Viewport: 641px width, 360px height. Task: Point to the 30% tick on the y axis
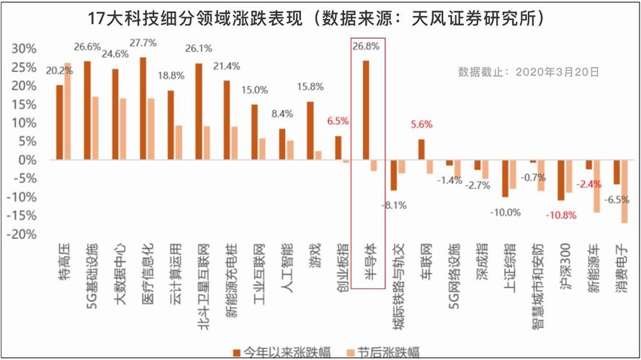click(24, 49)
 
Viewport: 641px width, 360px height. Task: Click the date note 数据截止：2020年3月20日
click(529, 72)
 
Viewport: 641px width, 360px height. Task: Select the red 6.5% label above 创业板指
click(339, 122)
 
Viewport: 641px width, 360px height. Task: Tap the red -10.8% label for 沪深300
click(560, 215)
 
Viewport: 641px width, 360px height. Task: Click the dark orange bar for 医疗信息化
click(143, 108)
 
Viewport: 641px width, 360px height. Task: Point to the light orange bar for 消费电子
click(624, 192)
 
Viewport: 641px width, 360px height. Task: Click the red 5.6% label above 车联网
click(422, 125)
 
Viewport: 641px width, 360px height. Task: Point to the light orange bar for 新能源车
click(596, 186)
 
